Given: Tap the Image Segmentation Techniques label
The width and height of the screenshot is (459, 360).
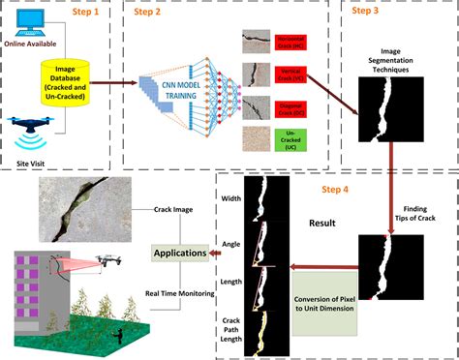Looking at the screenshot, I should pyautogui.click(x=395, y=58).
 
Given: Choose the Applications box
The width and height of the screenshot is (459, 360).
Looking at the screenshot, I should pyautogui.click(x=179, y=254).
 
